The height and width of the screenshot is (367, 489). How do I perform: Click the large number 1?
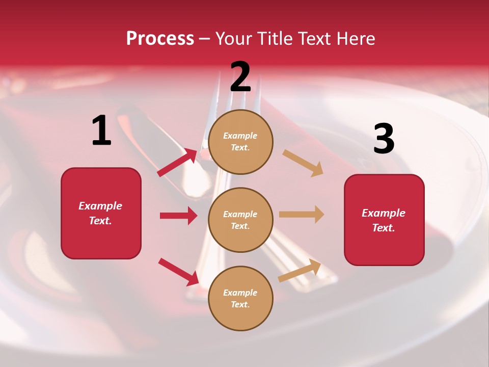[x=101, y=131]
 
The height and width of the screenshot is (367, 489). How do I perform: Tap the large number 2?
[x=240, y=77]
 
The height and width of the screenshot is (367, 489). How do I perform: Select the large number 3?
[x=384, y=139]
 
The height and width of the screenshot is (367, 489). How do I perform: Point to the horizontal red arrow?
[x=178, y=216]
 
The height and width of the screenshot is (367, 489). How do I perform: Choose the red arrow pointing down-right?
[x=178, y=272]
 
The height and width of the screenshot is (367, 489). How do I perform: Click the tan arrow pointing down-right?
[x=303, y=163]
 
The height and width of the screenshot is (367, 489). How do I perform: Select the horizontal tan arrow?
[x=302, y=215]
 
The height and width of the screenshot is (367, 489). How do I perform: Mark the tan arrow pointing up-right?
[x=300, y=270]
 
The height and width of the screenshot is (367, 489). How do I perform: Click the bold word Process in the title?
[x=160, y=38]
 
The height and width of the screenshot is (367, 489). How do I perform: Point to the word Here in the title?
[x=355, y=38]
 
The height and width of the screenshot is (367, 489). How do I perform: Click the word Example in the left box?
[x=100, y=206]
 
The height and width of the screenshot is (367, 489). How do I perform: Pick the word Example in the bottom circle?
[x=240, y=293]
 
